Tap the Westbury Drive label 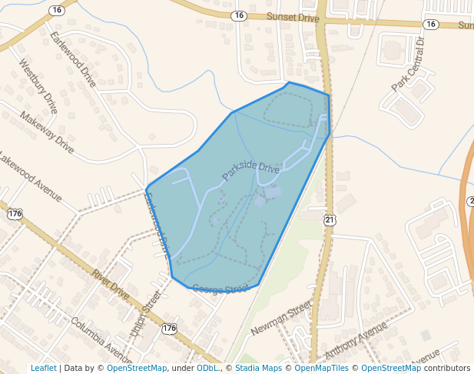click(x=38, y=85)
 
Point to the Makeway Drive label click(x=47, y=132)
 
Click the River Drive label click(x=111, y=285)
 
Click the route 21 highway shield click(x=330, y=220)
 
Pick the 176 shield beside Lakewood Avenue click(x=15, y=213)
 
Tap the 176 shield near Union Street click(x=170, y=329)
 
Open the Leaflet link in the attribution click(x=44, y=368)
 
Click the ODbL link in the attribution click(x=207, y=368)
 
